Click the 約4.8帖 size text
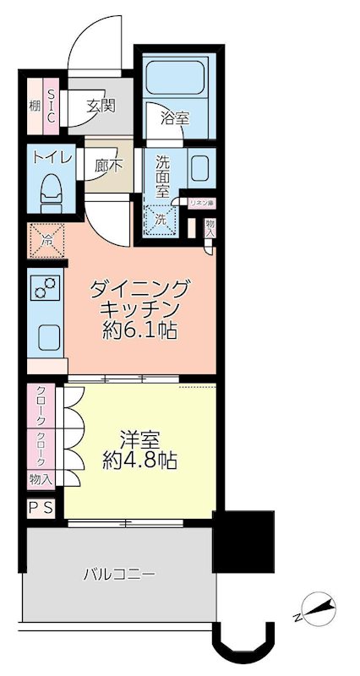pyautogui.click(x=140, y=462)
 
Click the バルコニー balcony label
pyautogui.click(x=118, y=575)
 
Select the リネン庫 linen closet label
pyautogui.click(x=203, y=203)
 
